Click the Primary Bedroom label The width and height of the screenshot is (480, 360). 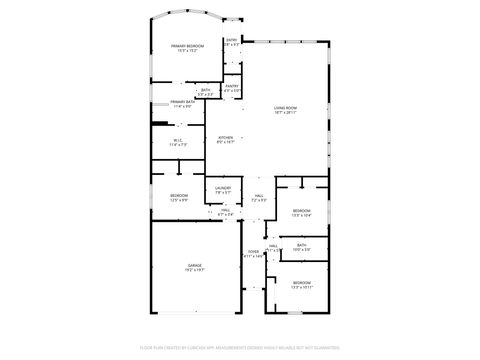[x=187, y=46]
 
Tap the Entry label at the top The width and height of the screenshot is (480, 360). [x=231, y=41]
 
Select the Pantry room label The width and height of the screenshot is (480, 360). [x=231, y=86]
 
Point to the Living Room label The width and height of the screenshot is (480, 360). [x=287, y=107]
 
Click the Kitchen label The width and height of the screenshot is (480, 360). [x=226, y=138]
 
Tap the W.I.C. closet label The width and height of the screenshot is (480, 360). [x=178, y=140]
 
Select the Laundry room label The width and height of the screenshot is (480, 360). [x=222, y=187]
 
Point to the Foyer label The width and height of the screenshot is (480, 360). [x=253, y=252]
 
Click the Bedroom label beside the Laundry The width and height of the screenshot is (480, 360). [x=178, y=195]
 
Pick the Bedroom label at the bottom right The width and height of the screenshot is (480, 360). [x=301, y=283]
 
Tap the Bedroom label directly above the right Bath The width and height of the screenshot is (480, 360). [x=301, y=210]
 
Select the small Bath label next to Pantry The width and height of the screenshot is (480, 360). [x=205, y=90]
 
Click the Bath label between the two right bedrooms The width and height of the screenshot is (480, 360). [x=301, y=245]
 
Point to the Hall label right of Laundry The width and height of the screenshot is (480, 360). [x=258, y=195]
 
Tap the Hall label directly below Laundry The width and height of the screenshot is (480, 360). [x=225, y=210]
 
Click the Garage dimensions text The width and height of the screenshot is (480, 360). [x=194, y=271]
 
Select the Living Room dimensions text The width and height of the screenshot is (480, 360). [x=287, y=112]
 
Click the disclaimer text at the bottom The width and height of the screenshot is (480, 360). [x=240, y=347]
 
